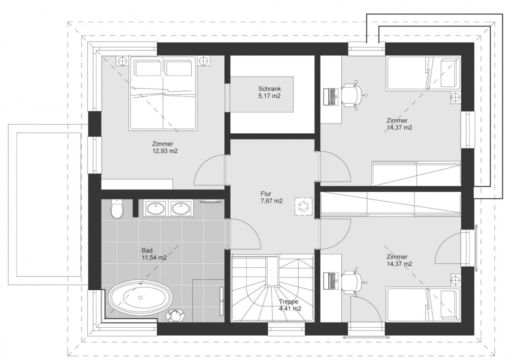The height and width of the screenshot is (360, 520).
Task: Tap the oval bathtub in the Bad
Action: pyautogui.click(x=141, y=297)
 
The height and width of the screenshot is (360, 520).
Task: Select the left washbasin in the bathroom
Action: pyautogui.click(x=156, y=208)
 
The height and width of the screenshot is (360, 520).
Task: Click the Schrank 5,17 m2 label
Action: pyautogui.click(x=269, y=92)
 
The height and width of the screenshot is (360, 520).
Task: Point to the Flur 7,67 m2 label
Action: pyautogui.click(x=272, y=197)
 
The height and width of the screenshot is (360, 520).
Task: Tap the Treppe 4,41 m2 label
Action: pyautogui.click(x=290, y=305)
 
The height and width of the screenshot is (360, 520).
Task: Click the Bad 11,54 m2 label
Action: pyautogui.click(x=154, y=254)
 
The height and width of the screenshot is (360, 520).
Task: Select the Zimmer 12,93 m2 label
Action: pyautogui.click(x=165, y=147)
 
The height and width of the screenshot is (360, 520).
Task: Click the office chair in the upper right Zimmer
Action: pyautogui.click(x=352, y=95)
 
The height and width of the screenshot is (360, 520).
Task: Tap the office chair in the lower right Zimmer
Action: pyautogui.click(x=352, y=282)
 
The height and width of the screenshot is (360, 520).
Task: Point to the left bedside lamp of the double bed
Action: pyautogui.click(x=122, y=61)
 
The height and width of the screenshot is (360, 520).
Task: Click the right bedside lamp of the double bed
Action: pyautogui.click(x=204, y=61)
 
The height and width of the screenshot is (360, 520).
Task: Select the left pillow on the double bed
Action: pyautogui.click(x=147, y=68)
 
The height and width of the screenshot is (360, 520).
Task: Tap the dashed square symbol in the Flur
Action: pyautogui.click(x=303, y=206)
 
